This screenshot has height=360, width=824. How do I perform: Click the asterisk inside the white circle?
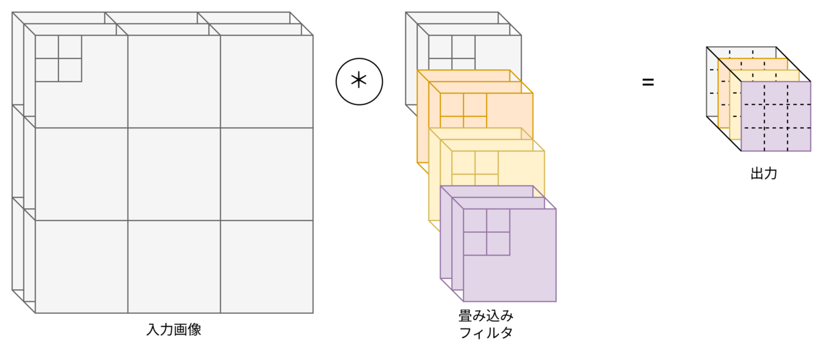point(358,81)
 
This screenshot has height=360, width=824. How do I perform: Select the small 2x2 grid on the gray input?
point(58,58)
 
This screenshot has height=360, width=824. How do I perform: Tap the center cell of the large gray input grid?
point(174,174)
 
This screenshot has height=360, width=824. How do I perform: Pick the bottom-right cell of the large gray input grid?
point(267,267)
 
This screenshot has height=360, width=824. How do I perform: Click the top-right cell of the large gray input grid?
point(267,81)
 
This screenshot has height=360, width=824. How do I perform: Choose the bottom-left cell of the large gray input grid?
point(81,267)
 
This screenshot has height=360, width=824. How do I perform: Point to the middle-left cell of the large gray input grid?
point(81,174)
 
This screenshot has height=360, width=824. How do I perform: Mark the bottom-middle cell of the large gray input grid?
point(174,267)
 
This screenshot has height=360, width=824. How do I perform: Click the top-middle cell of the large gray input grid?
point(174,81)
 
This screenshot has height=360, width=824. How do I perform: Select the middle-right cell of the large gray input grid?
point(267,174)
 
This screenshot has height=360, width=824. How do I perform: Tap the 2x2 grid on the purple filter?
point(486,232)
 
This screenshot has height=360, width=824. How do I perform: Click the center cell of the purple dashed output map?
point(775,116)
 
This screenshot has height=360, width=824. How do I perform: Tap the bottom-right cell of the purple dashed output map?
point(799,139)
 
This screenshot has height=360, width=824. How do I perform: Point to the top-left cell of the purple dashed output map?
point(753,93)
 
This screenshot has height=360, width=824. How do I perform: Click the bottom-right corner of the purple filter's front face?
point(556,301)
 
